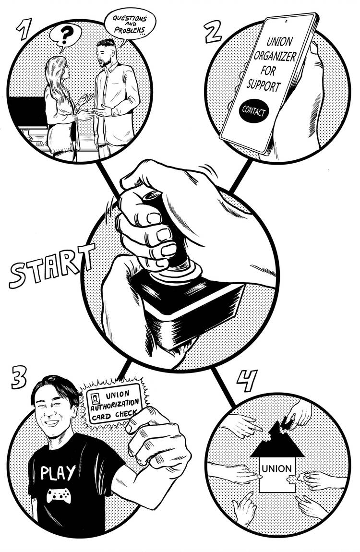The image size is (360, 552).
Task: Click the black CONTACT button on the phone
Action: pyautogui.click(x=254, y=111)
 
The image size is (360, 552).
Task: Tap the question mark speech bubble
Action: pyautogui.click(x=65, y=36)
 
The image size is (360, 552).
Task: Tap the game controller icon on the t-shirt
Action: pyautogui.click(x=59, y=496)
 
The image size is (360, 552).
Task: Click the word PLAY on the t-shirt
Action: pyautogui.click(x=58, y=473)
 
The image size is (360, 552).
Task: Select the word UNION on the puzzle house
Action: pyautogui.click(x=276, y=469)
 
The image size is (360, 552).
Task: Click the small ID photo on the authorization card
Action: pyautogui.click(x=96, y=399)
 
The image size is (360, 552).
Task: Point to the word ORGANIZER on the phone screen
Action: pyautogui.click(x=275, y=56)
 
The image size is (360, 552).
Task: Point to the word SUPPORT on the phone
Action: pyautogui.click(x=263, y=85)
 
